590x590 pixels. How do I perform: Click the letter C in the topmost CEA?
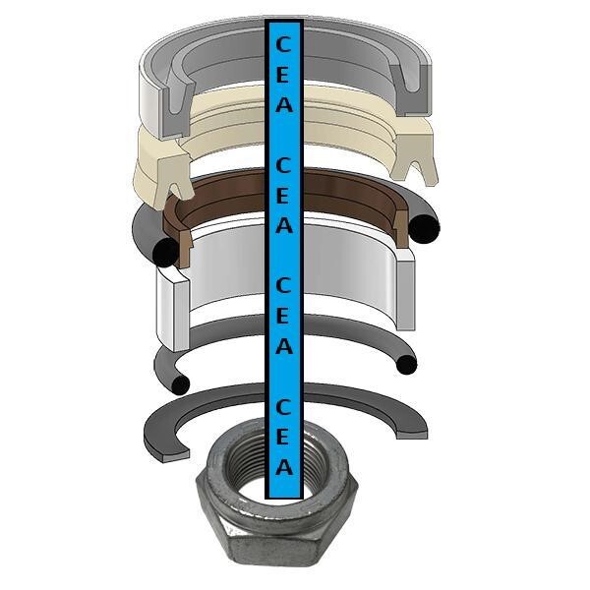284,45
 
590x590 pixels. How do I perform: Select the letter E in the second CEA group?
283,196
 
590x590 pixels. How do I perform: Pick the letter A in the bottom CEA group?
284,466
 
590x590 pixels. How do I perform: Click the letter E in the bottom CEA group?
283,437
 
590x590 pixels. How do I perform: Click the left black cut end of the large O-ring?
165,252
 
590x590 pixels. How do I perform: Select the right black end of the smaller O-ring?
406,365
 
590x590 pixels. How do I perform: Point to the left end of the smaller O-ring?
181,384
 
